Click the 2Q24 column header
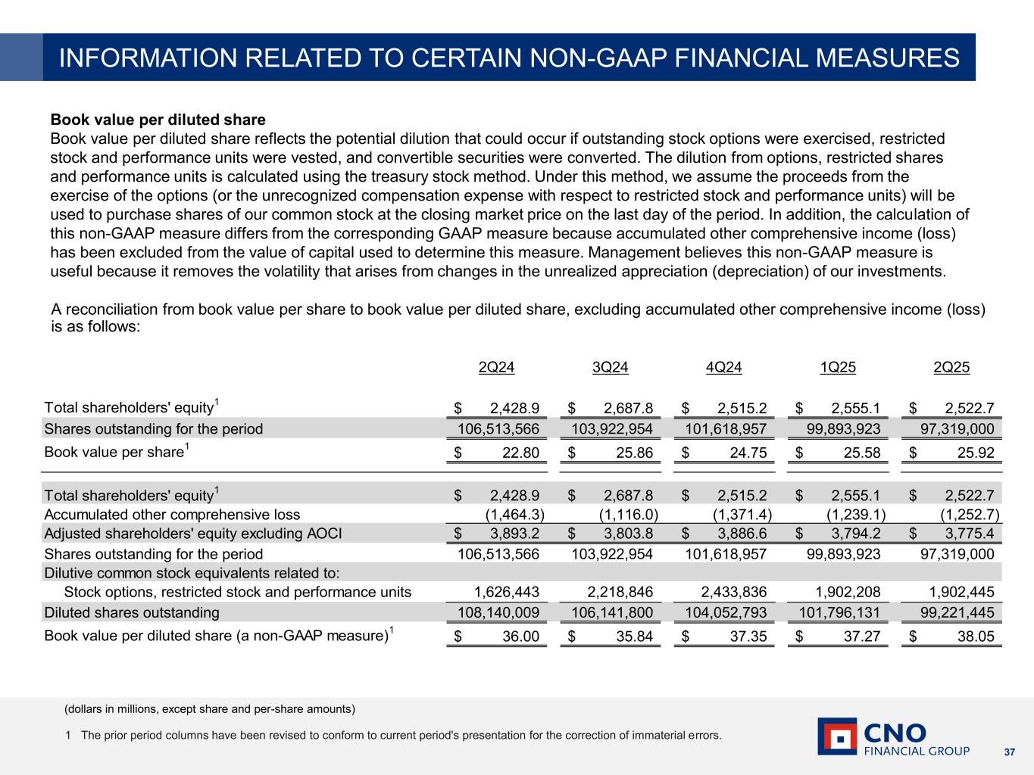[496, 368]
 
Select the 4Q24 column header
[723, 368]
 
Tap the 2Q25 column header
[951, 368]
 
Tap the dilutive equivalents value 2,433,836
[726, 592]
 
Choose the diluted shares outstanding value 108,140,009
[498, 612]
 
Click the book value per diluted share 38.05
[976, 636]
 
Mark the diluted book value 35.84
[634, 636]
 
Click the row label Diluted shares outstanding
[132, 612]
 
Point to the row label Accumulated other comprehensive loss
[172, 515]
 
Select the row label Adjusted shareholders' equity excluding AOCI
[193, 534]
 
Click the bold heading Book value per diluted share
[158, 120]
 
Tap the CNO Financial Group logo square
[837, 736]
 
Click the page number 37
[1009, 752]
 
